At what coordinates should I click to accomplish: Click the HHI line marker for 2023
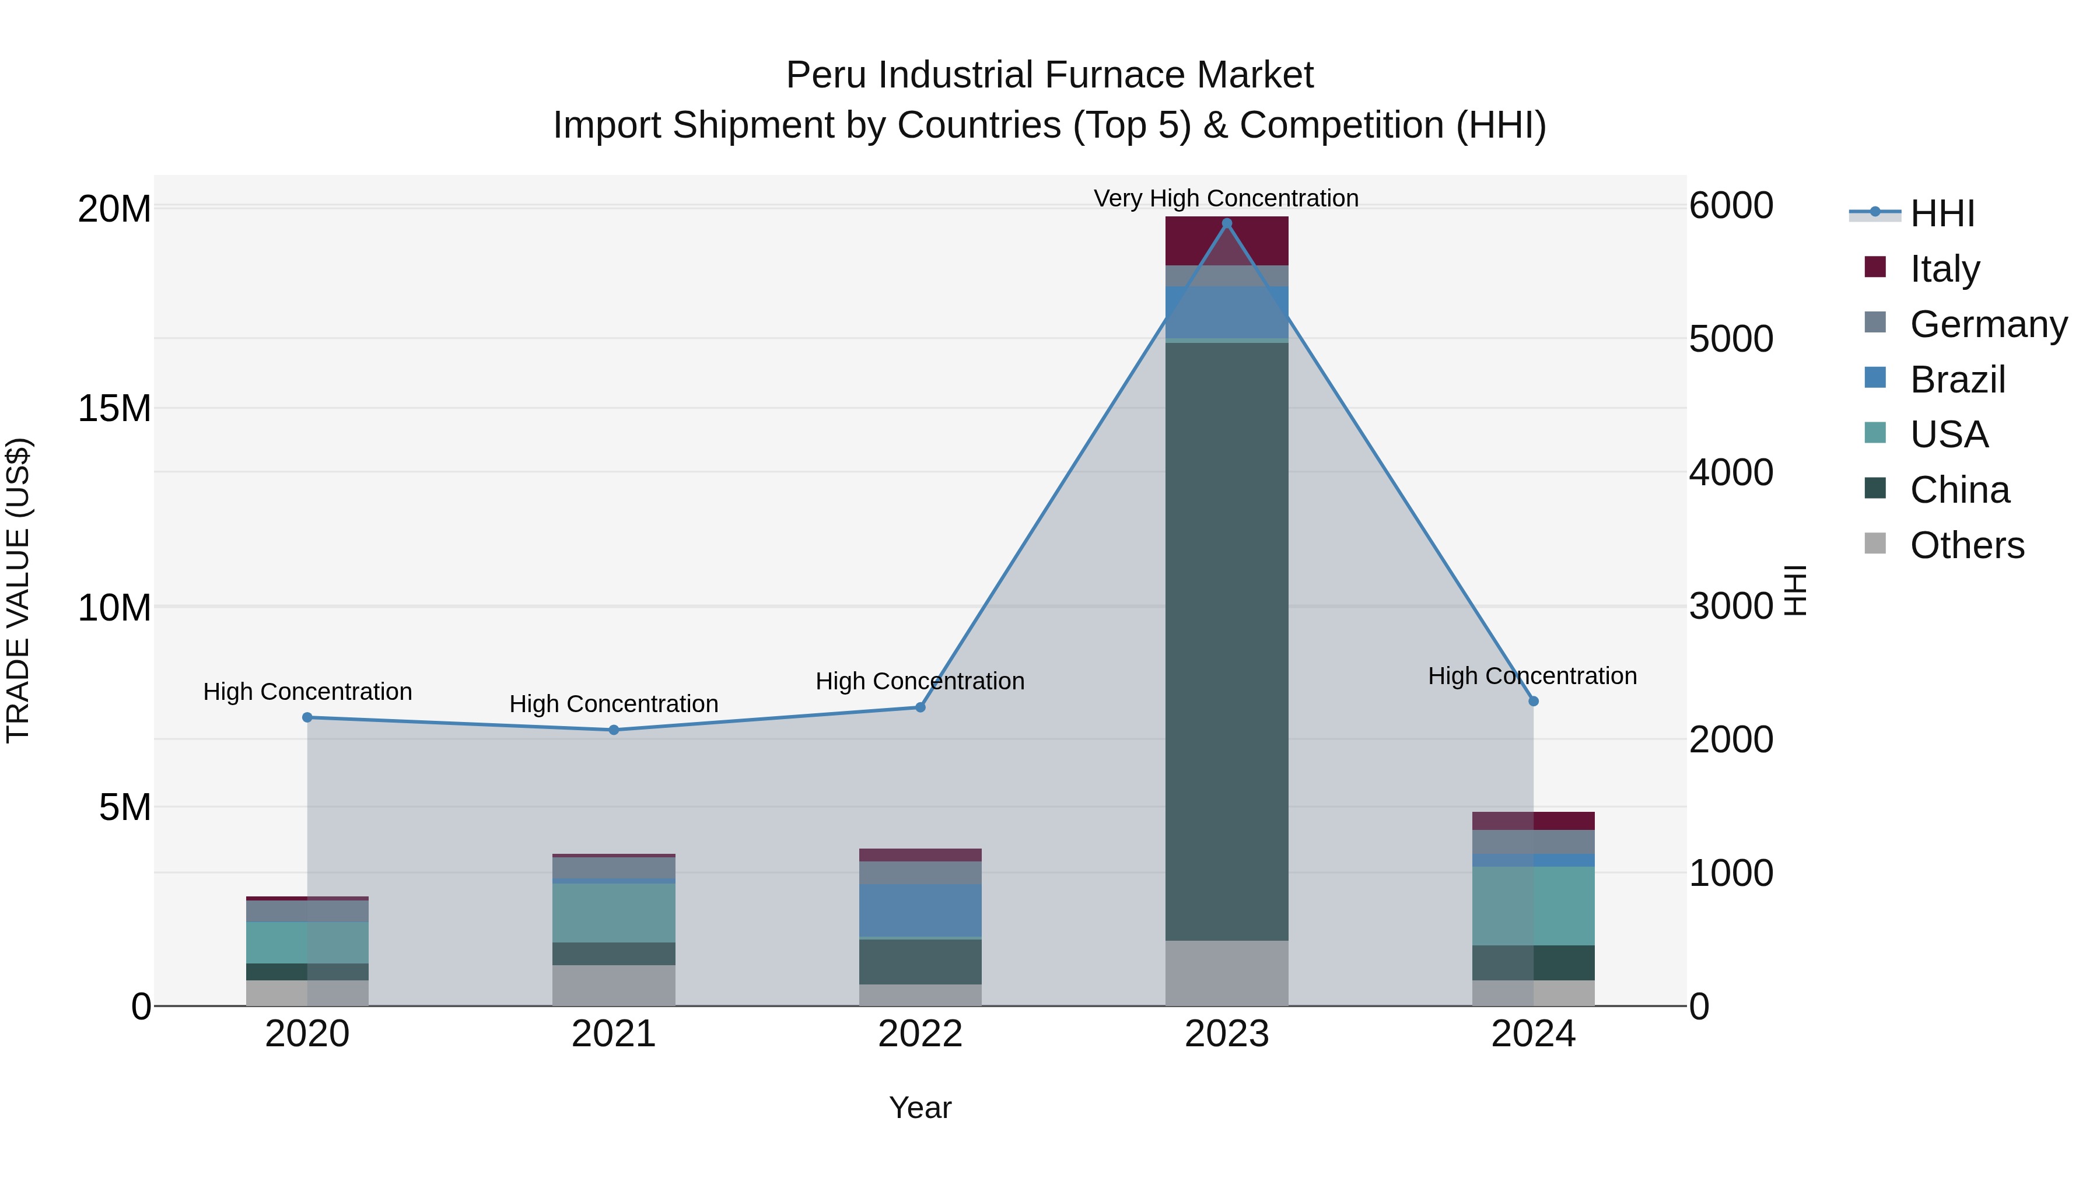[1226, 223]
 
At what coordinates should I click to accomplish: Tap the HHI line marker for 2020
[307, 717]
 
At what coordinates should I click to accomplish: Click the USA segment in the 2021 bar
[613, 913]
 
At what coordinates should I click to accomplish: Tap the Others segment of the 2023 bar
[1226, 973]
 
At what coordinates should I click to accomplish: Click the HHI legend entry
[1942, 213]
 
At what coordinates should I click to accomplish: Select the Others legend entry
[1966, 545]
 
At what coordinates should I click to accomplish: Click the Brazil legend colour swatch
[1875, 378]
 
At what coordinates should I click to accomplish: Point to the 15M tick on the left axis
[114, 408]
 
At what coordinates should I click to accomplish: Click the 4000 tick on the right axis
[1731, 473]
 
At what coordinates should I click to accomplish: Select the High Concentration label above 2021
[613, 703]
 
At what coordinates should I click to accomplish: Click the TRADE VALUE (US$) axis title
[18, 590]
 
